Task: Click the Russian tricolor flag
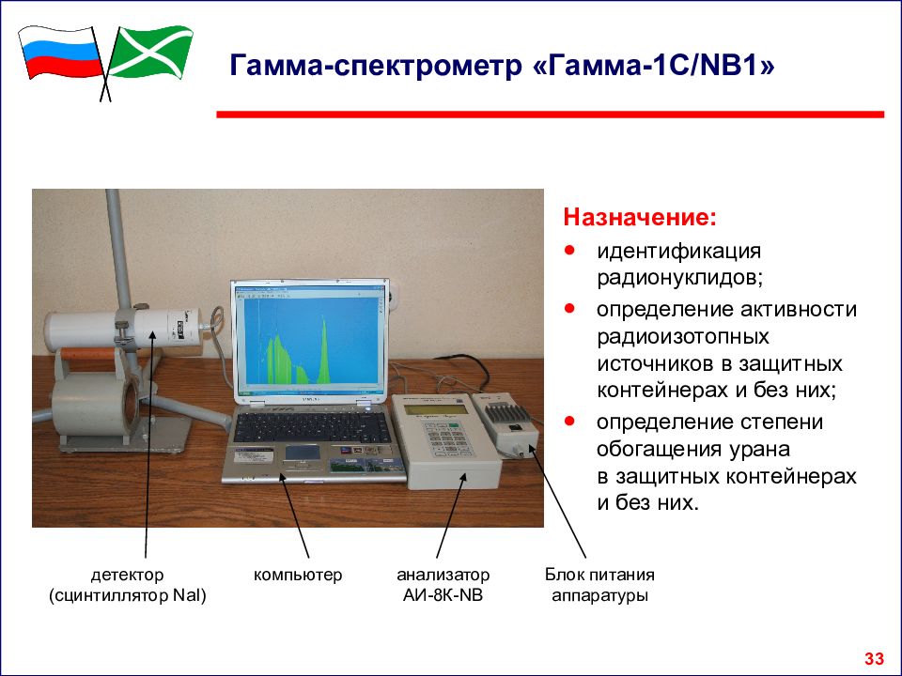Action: [x=60, y=53]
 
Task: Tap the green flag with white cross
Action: [x=150, y=52]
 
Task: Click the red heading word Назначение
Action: [x=640, y=217]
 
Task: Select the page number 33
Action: [x=874, y=658]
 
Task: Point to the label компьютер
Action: [x=298, y=575]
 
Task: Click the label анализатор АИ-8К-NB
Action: [x=443, y=585]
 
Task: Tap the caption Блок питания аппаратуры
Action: [x=599, y=585]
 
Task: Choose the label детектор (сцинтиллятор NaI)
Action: [x=127, y=585]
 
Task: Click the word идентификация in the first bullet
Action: [x=678, y=252]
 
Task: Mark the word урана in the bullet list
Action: [x=759, y=449]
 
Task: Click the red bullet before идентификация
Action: [x=569, y=251]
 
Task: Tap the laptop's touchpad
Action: [x=303, y=453]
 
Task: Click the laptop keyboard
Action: [x=312, y=426]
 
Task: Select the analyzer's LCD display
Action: [x=435, y=409]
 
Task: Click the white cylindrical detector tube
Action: [x=124, y=329]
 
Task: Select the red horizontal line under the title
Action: [x=550, y=115]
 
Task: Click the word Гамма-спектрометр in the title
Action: [x=377, y=66]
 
